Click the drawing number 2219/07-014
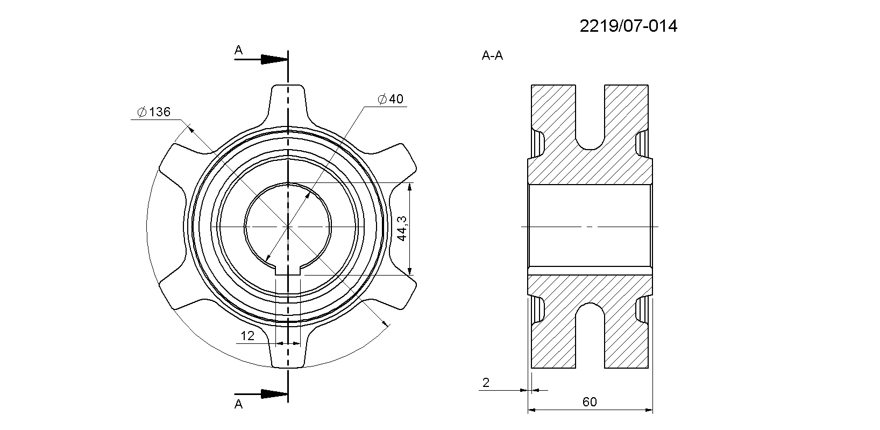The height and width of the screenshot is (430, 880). (x=628, y=26)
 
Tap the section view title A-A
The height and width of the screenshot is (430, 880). (x=492, y=55)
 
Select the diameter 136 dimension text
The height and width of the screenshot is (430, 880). (x=154, y=112)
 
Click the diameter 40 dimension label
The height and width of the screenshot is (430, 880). (x=391, y=98)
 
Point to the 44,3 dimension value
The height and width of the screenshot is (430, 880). (x=402, y=228)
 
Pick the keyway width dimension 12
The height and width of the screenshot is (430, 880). (x=247, y=336)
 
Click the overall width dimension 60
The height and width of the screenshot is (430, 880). (x=590, y=401)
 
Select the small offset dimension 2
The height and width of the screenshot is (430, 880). (x=486, y=383)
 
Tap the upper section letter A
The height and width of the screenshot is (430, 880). (x=238, y=50)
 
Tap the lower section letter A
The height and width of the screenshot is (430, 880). (x=238, y=404)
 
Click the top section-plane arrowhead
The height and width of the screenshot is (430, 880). (x=275, y=60)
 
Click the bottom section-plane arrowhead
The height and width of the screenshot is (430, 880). (x=275, y=394)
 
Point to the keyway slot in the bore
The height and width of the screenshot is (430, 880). (x=288, y=270)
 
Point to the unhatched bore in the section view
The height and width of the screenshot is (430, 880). (x=590, y=227)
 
